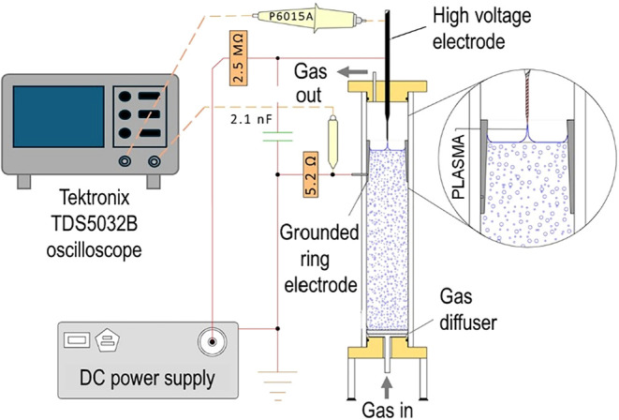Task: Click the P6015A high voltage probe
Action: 311,18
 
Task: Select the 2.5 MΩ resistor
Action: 238,58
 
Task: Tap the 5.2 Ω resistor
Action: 311,174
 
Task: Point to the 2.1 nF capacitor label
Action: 251,119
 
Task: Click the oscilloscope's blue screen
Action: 58,116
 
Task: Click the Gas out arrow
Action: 352,72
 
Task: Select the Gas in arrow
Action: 388,387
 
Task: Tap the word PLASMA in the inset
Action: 459,167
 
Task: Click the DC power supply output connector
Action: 213,341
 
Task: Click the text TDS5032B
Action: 94,224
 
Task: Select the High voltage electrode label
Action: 481,29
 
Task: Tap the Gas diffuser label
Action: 468,309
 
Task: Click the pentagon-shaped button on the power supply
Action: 108,340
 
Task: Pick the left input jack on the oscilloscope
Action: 125,161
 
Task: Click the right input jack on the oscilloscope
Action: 154,161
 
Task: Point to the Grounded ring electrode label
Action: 319,259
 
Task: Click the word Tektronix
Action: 94,198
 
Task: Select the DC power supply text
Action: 147,378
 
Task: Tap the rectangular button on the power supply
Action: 77,340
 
